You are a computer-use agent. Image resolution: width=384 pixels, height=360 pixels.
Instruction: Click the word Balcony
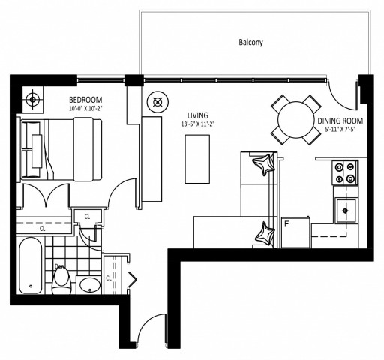pyautogui.click(x=251, y=43)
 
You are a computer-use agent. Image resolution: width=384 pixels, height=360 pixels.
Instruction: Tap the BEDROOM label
pyautogui.click(x=85, y=100)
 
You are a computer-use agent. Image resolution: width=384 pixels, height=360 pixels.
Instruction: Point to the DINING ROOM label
pyautogui.click(x=340, y=119)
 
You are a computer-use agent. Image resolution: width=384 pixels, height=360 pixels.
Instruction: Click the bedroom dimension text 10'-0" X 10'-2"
pyautogui.click(x=85, y=109)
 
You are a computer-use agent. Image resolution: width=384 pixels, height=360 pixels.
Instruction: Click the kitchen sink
pyautogui.click(x=346, y=211)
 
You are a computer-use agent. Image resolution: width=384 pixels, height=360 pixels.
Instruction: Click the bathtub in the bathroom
pyautogui.click(x=32, y=267)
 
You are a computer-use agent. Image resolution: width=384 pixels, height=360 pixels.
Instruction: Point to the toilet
pyautogui.click(x=63, y=280)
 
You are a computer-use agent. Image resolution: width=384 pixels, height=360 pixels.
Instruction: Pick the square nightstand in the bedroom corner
pyautogui.click(x=31, y=98)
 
